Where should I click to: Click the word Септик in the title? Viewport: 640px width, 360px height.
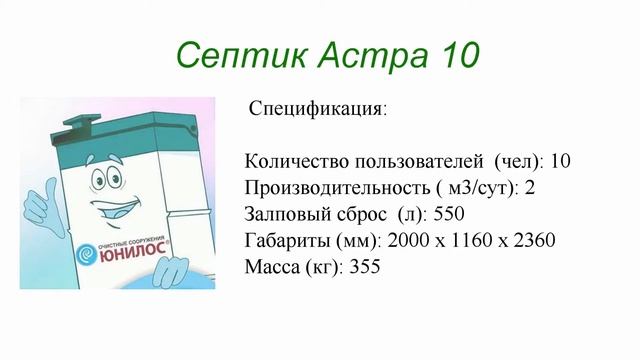click(227, 53)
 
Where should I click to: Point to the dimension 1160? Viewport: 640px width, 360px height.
click(470, 241)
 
